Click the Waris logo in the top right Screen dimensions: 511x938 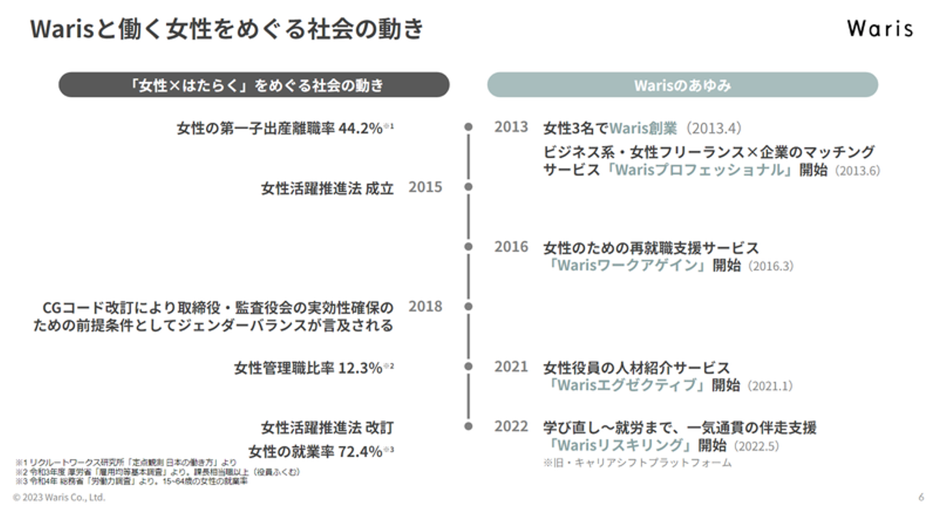pyautogui.click(x=879, y=29)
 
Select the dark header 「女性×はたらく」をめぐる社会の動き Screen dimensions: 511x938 pyautogui.click(x=254, y=85)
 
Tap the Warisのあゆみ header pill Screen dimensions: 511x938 pyautogui.click(x=682, y=85)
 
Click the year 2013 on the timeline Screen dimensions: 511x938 pyautogui.click(x=511, y=127)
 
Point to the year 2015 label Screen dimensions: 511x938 pyautogui.click(x=425, y=187)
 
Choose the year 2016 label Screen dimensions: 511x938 pyautogui.click(x=511, y=247)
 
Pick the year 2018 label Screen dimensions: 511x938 pyautogui.click(x=425, y=307)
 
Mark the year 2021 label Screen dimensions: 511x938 pyautogui.click(x=511, y=367)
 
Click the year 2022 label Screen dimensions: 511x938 pyautogui.click(x=511, y=427)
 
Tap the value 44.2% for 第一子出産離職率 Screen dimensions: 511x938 pyautogui.click(x=360, y=128)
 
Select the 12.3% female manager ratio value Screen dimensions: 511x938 pyautogui.click(x=360, y=368)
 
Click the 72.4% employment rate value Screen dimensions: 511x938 pyautogui.click(x=360, y=452)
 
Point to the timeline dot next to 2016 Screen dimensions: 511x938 pyautogui.click(x=468, y=247)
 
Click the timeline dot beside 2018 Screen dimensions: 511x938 pyautogui.click(x=468, y=307)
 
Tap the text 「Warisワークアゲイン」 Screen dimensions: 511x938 pyautogui.click(x=627, y=266)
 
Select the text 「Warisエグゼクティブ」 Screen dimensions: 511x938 pyautogui.click(x=627, y=385)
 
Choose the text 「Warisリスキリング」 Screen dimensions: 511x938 pyautogui.click(x=619, y=446)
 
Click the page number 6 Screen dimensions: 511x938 pyautogui.click(x=921, y=497)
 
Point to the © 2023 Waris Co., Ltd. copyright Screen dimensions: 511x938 pyautogui.click(x=59, y=497)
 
